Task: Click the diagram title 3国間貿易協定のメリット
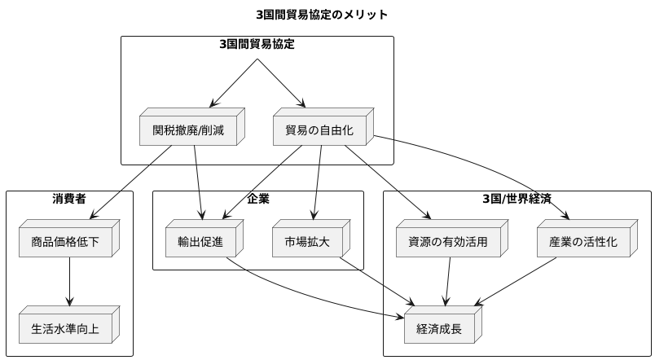coord(321,15)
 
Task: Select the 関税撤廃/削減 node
coord(188,129)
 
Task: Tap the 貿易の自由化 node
coord(319,129)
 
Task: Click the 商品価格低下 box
coord(66,242)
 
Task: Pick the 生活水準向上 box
coord(66,328)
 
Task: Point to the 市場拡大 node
coord(308,242)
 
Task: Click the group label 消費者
coord(69,198)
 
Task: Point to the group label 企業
coord(258,198)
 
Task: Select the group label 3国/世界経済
coord(517,198)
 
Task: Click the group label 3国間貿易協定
coord(257,44)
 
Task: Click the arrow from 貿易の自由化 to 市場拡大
coord(317,183)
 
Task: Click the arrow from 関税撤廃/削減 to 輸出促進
coord(198,183)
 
